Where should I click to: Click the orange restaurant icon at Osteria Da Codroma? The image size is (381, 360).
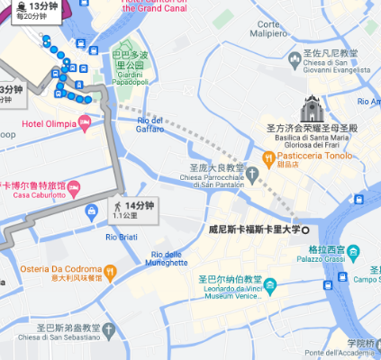(110, 271)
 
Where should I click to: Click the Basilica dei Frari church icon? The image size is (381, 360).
(312, 107)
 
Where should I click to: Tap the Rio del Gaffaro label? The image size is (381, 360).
(150, 125)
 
